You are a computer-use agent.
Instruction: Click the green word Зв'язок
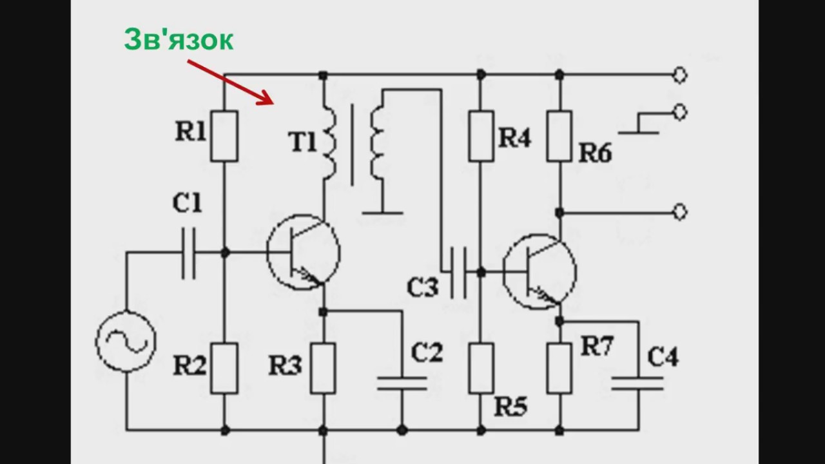[179, 40]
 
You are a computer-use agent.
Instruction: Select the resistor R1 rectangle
[224, 135]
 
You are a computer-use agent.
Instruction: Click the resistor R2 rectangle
[224, 368]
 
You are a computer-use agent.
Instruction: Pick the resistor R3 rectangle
[322, 368]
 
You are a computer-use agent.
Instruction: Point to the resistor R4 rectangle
[481, 135]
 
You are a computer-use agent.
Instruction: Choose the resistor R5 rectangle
[481, 368]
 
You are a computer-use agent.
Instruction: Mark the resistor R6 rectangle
[559, 135]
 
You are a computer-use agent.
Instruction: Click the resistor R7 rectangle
[559, 368]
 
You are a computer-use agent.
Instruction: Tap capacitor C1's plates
[188, 253]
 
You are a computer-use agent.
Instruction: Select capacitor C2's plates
[402, 383]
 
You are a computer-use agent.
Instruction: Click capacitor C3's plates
[458, 273]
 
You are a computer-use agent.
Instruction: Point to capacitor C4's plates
[637, 383]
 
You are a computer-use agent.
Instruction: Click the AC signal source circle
[126, 342]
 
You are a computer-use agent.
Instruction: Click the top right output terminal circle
[679, 75]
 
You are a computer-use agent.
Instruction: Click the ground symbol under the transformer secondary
[382, 212]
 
